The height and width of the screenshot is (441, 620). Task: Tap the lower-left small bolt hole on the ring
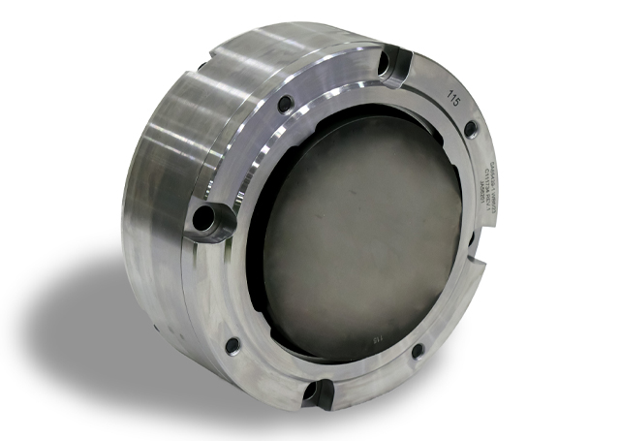(232, 344)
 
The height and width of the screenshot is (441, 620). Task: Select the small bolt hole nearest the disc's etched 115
(418, 351)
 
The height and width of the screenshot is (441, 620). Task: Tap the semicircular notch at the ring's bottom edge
(317, 391)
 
